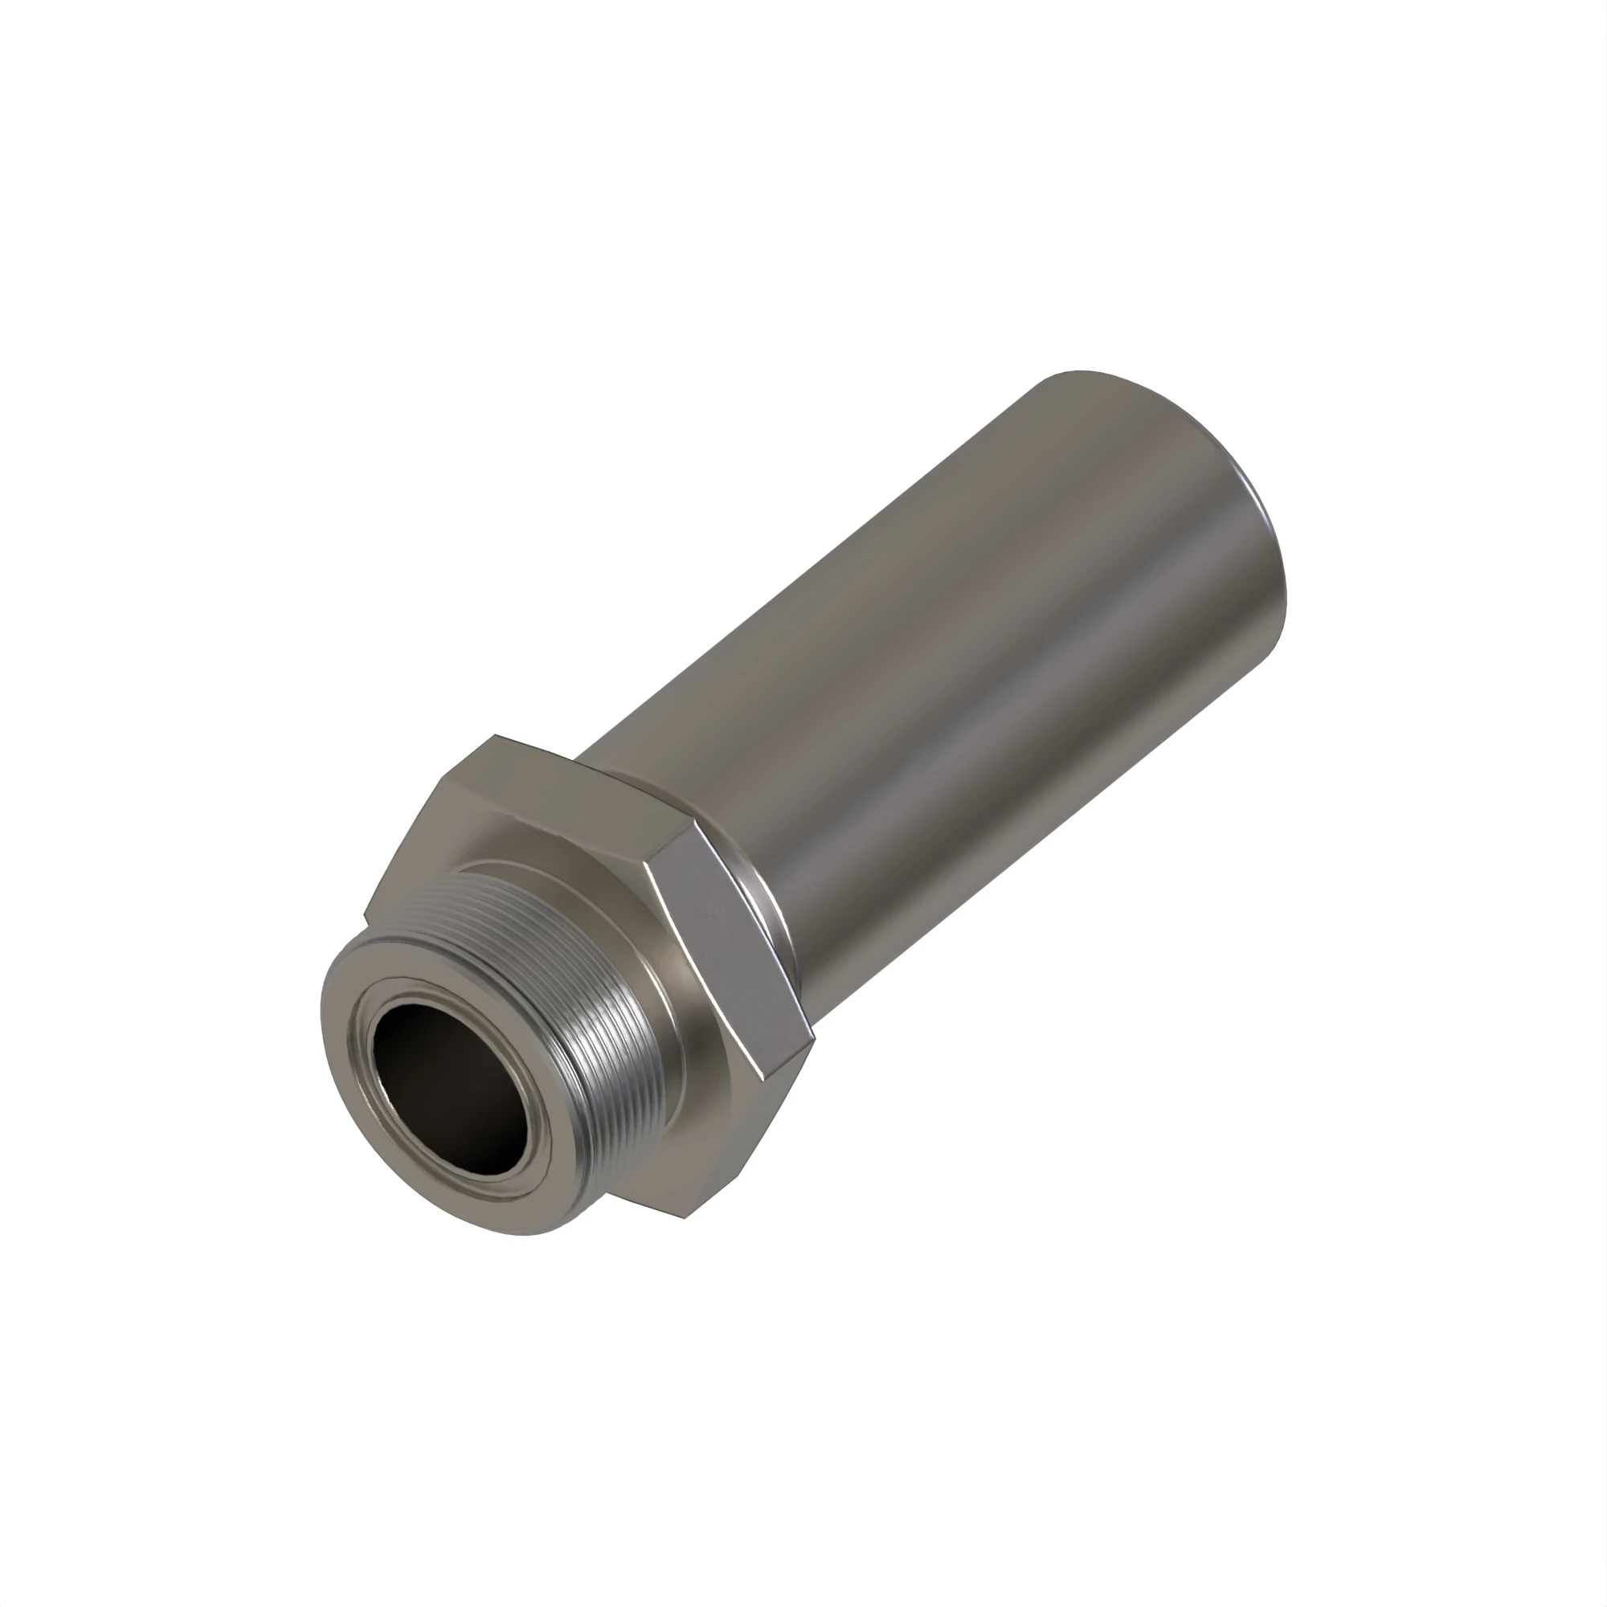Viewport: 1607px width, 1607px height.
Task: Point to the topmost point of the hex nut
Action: point(497,735)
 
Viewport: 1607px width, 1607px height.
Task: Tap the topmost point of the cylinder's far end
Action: point(1078,371)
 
